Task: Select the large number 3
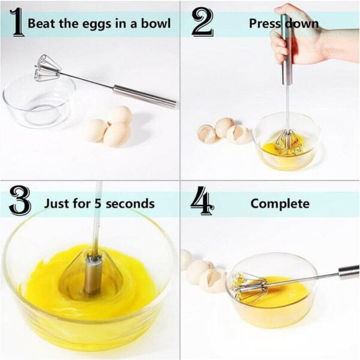point(20,202)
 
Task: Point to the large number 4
point(202,202)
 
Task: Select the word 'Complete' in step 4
point(280,203)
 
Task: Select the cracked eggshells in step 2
point(225,131)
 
